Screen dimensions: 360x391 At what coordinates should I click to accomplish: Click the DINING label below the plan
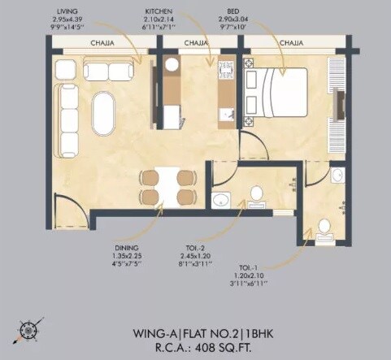click(127, 245)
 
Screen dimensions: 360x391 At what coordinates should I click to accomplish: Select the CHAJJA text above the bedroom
click(290, 41)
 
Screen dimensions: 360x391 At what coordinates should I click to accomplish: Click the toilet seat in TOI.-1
click(324, 226)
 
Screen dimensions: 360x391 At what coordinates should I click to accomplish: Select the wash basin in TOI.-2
click(220, 200)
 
